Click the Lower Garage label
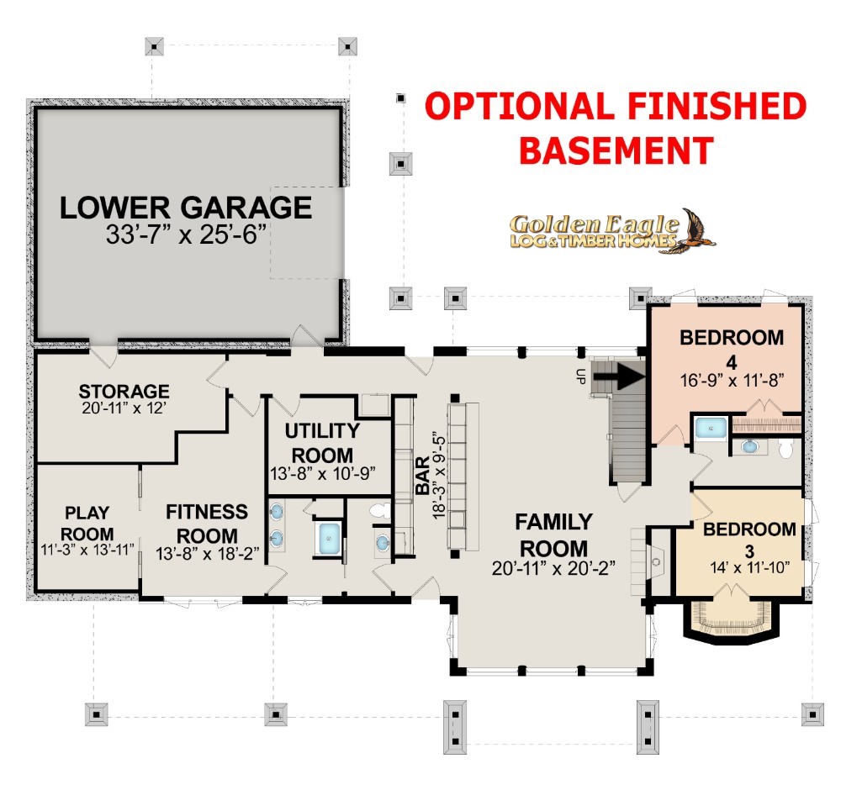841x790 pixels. pos(186,208)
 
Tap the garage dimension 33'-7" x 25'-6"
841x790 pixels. pos(186,234)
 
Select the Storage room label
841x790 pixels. pos(124,391)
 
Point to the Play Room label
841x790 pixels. pos(87,523)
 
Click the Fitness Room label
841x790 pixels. pos(207,524)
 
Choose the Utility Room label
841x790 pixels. pos(322,443)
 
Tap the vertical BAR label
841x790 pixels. pos(423,475)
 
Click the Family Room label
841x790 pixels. pos(553,535)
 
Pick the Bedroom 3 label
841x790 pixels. pos(749,540)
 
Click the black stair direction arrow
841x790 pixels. pos(620,375)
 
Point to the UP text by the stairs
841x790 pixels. pos(579,377)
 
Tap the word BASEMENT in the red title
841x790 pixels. pos(616,150)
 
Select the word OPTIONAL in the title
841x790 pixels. pos(519,106)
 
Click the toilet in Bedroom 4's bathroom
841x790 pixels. pos(785,449)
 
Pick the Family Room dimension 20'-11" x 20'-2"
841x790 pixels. pos(553,568)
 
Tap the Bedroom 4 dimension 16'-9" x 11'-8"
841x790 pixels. pos(733,381)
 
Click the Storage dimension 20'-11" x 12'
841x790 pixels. pos(124,408)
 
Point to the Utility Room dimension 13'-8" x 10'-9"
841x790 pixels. pos(322,474)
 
